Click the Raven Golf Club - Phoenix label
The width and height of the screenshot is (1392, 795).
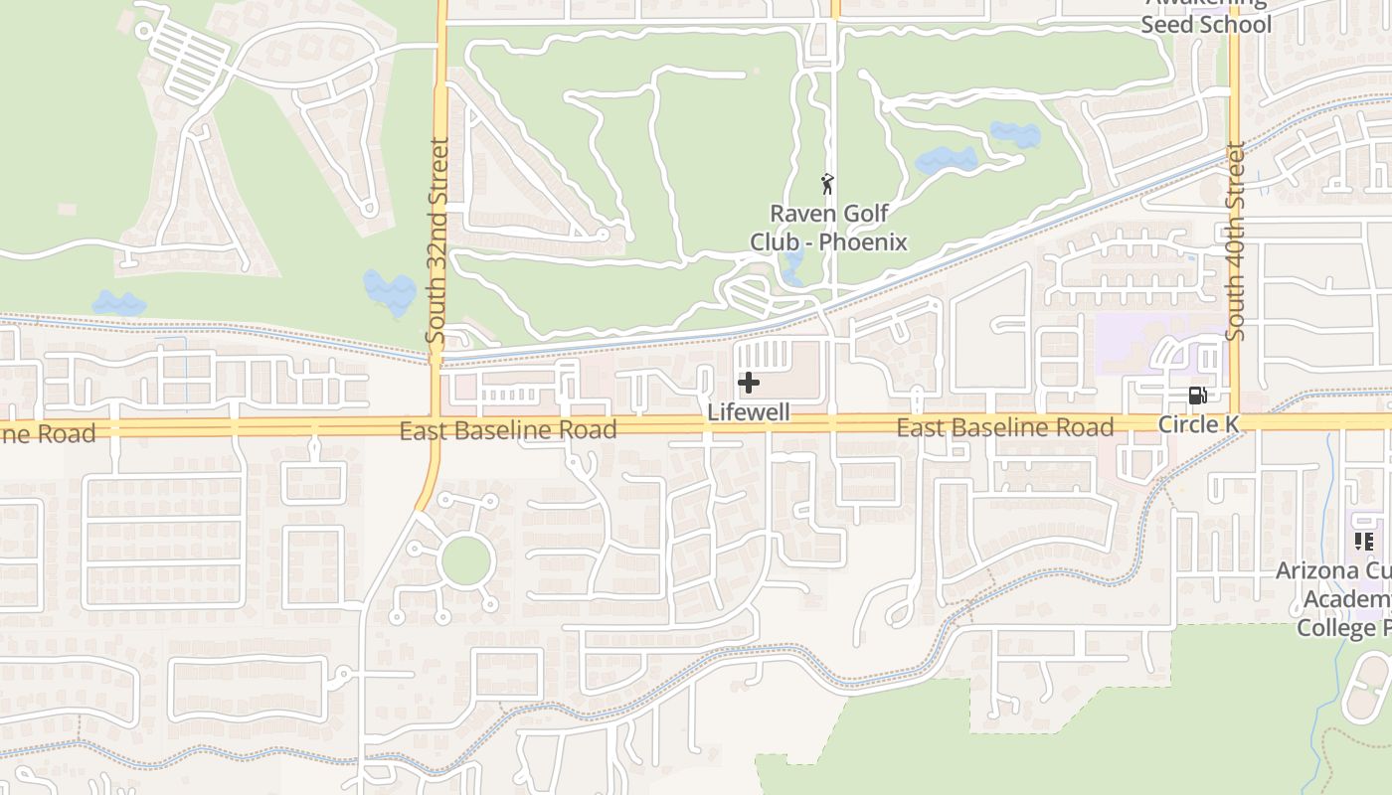click(x=828, y=228)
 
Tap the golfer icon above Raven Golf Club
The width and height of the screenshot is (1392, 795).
click(x=827, y=184)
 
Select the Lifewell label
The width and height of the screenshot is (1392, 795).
click(x=749, y=411)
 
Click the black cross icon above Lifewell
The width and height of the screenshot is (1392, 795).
click(x=749, y=383)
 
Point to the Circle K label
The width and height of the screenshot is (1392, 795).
click(x=1199, y=424)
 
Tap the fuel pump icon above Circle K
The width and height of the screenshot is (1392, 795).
click(x=1198, y=396)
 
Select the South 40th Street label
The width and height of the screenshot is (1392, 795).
click(x=1236, y=242)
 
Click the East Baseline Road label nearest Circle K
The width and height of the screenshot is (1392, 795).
click(x=1004, y=427)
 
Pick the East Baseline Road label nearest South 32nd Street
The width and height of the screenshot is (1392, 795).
click(x=508, y=430)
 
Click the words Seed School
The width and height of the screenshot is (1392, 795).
click(x=1206, y=25)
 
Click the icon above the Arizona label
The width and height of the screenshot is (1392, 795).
click(x=1363, y=542)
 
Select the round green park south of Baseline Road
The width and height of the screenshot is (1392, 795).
click(x=465, y=561)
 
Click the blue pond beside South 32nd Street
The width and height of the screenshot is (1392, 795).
click(x=390, y=291)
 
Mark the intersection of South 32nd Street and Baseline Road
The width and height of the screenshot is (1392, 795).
click(x=435, y=426)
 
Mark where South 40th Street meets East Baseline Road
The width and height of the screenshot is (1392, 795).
click(x=1235, y=422)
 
